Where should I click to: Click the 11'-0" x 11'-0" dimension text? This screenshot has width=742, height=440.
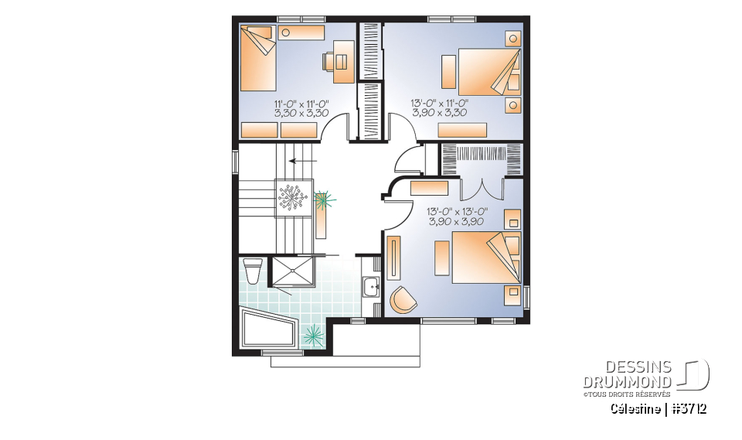(301, 103)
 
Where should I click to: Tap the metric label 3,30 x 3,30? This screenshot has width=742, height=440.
(301, 113)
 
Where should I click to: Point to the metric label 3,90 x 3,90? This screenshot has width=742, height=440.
(456, 221)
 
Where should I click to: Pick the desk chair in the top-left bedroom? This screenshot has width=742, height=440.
(328, 63)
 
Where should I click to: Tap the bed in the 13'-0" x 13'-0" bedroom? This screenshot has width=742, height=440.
(484, 257)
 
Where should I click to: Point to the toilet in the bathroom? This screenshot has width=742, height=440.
(253, 272)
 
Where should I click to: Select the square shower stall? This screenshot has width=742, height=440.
(294, 272)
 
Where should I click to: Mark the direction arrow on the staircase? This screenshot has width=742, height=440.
(301, 162)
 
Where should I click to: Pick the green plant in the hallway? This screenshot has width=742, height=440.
(323, 201)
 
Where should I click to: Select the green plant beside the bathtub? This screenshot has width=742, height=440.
(314, 335)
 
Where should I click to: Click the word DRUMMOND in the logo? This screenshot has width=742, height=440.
(628, 382)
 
